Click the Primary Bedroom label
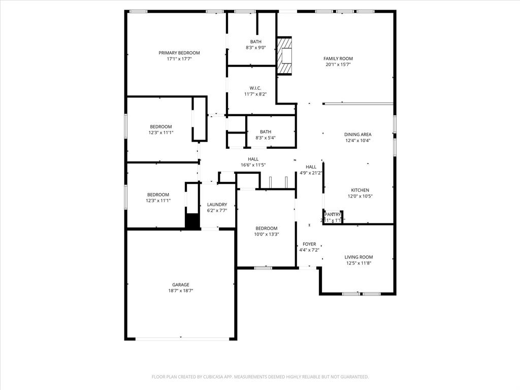click(x=179, y=53)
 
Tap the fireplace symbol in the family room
click(x=285, y=55)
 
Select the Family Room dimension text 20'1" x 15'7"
click(x=338, y=64)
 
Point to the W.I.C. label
click(x=255, y=88)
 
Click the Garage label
click(x=180, y=285)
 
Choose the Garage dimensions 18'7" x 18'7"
click(x=180, y=291)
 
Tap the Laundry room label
click(x=217, y=205)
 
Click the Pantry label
click(x=333, y=215)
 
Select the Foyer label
click(x=309, y=244)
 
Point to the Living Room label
click(x=359, y=257)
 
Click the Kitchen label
click(x=360, y=190)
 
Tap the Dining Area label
click(x=358, y=135)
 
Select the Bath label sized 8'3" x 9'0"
click(x=255, y=42)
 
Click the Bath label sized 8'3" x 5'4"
click(x=266, y=132)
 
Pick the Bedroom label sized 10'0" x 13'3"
click(x=266, y=228)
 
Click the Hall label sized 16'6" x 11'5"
click(x=253, y=159)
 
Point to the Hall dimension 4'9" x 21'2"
click(x=311, y=173)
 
